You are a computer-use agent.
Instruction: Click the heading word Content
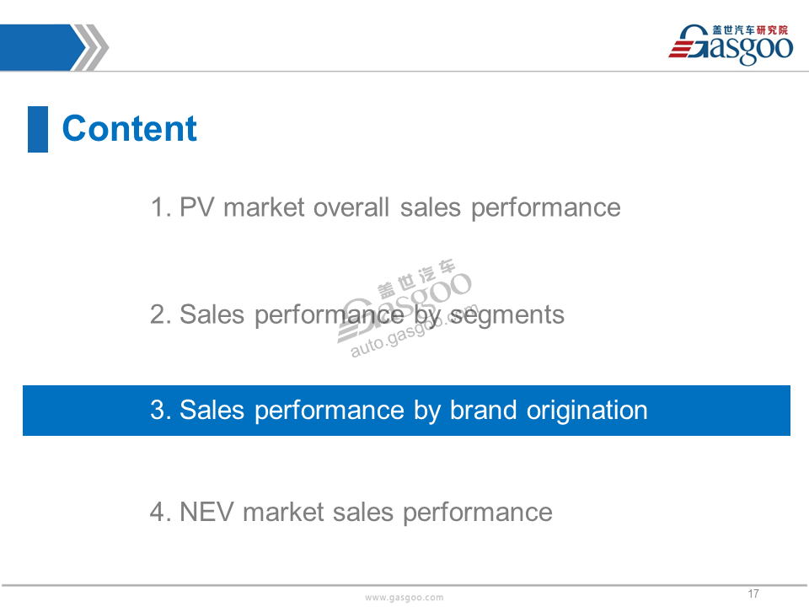tap(129, 128)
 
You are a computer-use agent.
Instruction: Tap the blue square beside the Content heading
tap(38, 129)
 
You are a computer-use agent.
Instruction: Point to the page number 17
tap(753, 594)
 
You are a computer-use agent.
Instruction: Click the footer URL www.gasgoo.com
tap(404, 597)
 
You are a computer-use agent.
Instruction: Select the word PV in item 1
tap(196, 207)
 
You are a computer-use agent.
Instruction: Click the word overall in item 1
tap(351, 207)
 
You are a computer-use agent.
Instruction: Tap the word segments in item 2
tap(507, 315)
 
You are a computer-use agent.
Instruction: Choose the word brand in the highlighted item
tap(484, 411)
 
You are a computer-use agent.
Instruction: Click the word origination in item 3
tap(587, 411)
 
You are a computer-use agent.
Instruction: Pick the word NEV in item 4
tap(206, 512)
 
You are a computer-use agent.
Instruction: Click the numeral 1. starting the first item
tap(161, 207)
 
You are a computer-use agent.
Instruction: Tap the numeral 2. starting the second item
tap(160, 314)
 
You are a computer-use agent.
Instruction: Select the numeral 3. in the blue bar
tap(160, 411)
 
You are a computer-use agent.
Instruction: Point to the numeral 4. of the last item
tap(160, 512)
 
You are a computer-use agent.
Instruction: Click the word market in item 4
tap(283, 512)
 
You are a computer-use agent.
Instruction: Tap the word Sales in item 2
tap(212, 314)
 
